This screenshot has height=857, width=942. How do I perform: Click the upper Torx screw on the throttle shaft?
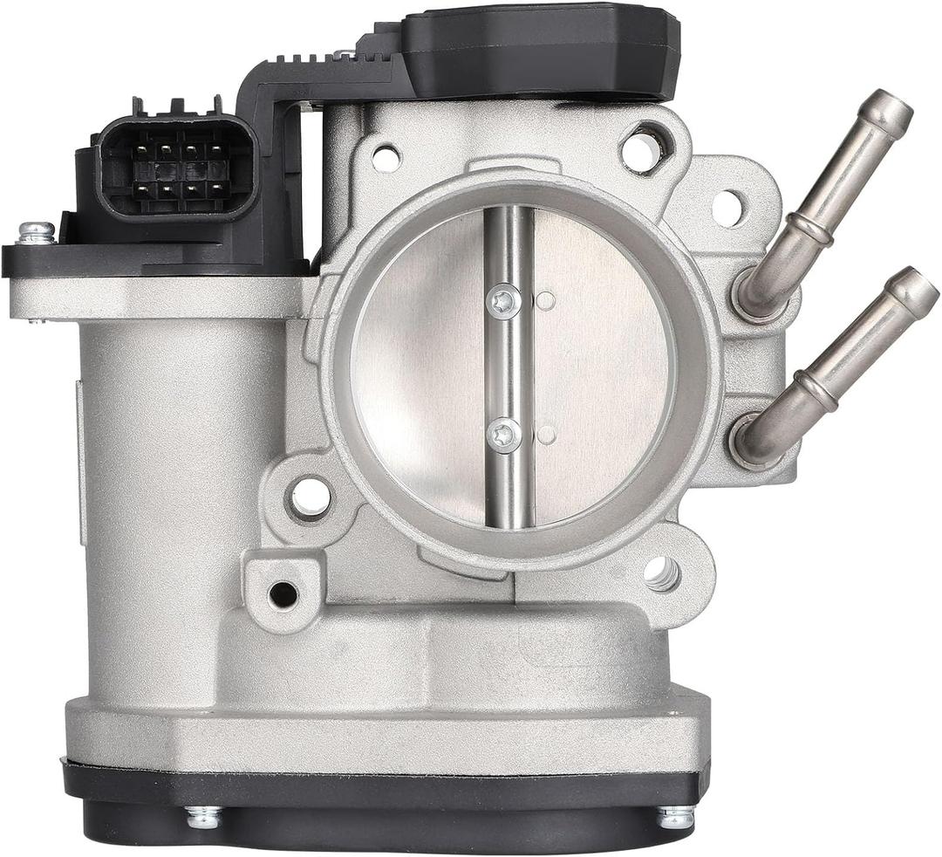point(505,301)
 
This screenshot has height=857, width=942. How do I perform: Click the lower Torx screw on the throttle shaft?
point(505,435)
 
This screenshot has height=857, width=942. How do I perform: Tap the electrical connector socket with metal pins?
point(177,168)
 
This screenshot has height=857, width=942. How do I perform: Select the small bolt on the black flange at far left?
point(36,233)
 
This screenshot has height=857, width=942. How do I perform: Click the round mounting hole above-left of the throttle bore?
point(386,158)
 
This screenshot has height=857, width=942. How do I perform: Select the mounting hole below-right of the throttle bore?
point(662,573)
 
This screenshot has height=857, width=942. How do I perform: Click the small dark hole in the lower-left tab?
point(283,594)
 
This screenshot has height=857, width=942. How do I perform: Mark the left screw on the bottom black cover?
point(203,817)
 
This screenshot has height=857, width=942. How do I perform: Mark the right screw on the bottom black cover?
point(676,817)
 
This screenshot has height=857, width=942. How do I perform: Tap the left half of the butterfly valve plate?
point(419,367)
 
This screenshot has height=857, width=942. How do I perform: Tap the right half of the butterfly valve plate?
point(602,367)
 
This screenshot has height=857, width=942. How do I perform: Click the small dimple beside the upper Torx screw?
point(546,301)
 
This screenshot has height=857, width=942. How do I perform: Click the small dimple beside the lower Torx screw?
point(546,434)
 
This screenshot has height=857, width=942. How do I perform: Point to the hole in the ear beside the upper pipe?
point(727,208)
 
